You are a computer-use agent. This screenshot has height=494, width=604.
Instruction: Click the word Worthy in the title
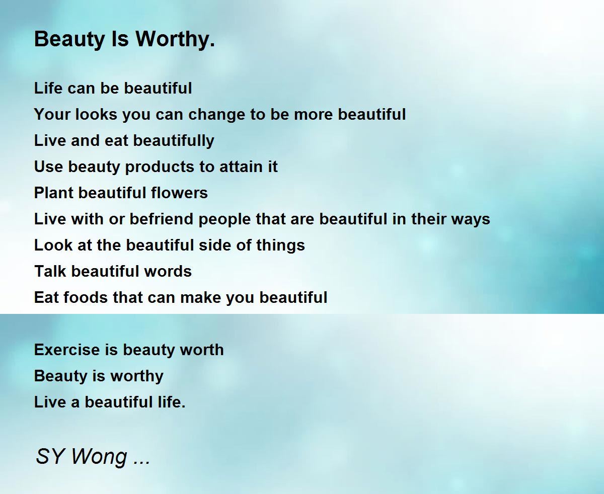175,40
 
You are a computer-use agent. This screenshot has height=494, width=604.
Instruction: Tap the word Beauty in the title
69,40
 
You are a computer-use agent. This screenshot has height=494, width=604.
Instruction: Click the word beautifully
174,141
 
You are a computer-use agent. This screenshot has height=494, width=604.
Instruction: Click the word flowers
179,193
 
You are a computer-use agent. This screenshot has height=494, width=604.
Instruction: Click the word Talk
50,271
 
